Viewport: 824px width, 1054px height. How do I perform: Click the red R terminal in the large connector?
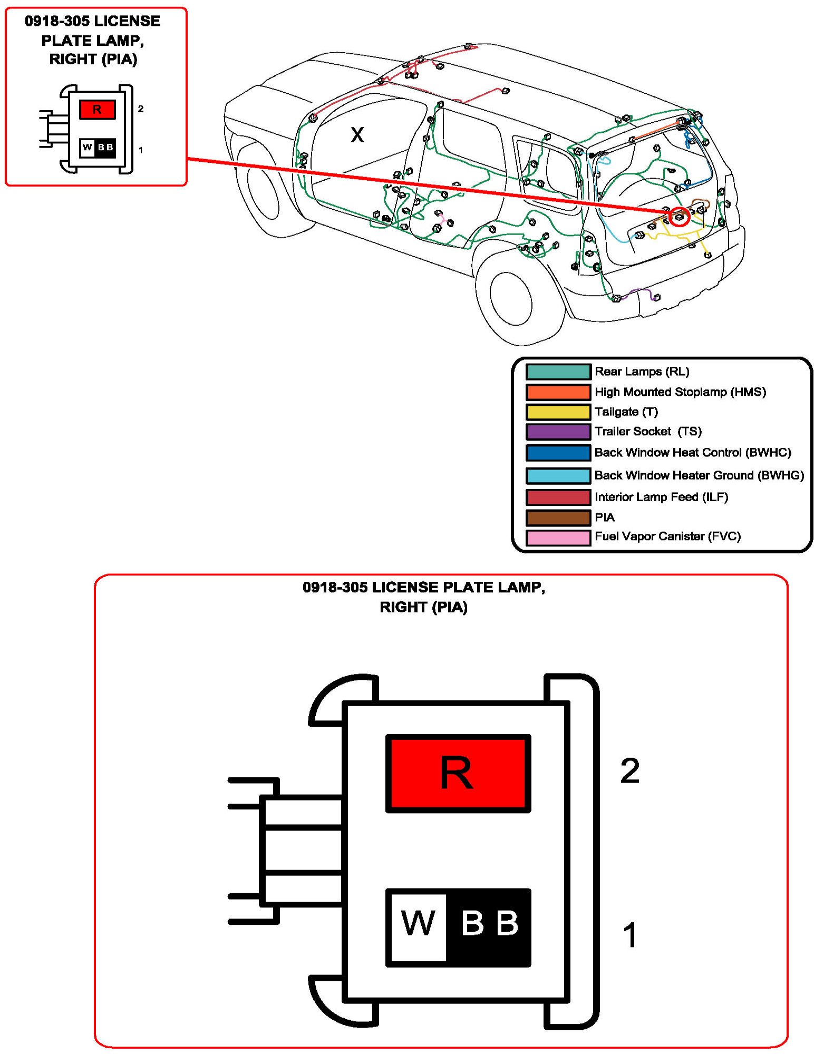pos(458,773)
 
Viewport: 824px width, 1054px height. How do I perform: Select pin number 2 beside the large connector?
pos(629,771)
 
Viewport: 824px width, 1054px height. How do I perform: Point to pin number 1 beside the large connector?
pos(629,935)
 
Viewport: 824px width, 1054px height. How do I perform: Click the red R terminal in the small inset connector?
pos(97,110)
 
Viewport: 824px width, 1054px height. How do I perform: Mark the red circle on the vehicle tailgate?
pos(680,216)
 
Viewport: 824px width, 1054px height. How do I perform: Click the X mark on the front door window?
pos(357,135)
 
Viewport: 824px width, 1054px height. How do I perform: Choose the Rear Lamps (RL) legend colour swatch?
pos(558,372)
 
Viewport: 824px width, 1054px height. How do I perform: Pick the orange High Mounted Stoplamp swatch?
pos(558,392)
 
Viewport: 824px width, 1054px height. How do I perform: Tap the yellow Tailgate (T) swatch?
pos(558,412)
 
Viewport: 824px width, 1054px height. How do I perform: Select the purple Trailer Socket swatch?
pos(558,432)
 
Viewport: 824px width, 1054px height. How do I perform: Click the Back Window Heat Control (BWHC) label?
pos(692,453)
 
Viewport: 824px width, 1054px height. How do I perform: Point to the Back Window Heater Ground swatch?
pos(558,475)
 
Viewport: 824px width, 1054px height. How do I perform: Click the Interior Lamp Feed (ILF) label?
pos(661,497)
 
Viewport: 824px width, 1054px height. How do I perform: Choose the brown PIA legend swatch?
pos(558,518)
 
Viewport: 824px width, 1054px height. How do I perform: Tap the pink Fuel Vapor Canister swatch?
pos(558,537)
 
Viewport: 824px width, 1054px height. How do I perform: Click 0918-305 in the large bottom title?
pos(335,587)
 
